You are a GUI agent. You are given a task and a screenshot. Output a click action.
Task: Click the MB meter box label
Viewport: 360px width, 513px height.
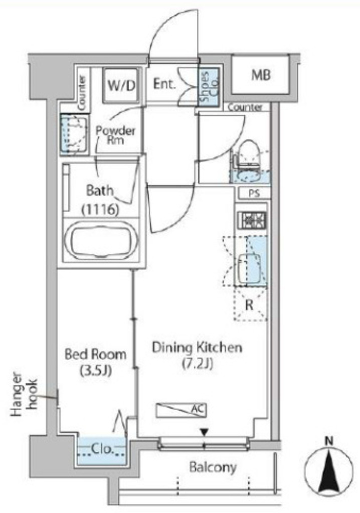tap(261, 75)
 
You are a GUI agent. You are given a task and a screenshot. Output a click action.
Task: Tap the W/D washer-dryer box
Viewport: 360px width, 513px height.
tap(121, 85)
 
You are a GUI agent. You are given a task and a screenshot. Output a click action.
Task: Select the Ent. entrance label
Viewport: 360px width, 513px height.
tap(165, 84)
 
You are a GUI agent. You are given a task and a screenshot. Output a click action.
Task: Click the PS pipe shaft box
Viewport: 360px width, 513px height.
tap(254, 193)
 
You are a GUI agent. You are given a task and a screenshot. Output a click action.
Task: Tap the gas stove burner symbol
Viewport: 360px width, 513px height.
tap(252, 220)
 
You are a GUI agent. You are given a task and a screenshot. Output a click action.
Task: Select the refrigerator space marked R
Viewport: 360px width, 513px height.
tap(250, 304)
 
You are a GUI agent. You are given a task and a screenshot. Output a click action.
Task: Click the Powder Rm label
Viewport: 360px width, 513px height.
tap(115, 135)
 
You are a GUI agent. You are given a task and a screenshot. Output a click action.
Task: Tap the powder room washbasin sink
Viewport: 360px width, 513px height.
tap(75, 134)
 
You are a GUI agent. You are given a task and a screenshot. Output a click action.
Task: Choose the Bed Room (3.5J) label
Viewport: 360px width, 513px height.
tap(95, 362)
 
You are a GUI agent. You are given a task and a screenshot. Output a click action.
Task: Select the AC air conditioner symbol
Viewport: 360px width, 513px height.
tap(182, 410)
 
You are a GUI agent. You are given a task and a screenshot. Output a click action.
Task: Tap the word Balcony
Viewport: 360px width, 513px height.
tap(212, 467)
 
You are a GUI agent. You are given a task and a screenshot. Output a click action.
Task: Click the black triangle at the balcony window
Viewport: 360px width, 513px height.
tap(204, 433)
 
